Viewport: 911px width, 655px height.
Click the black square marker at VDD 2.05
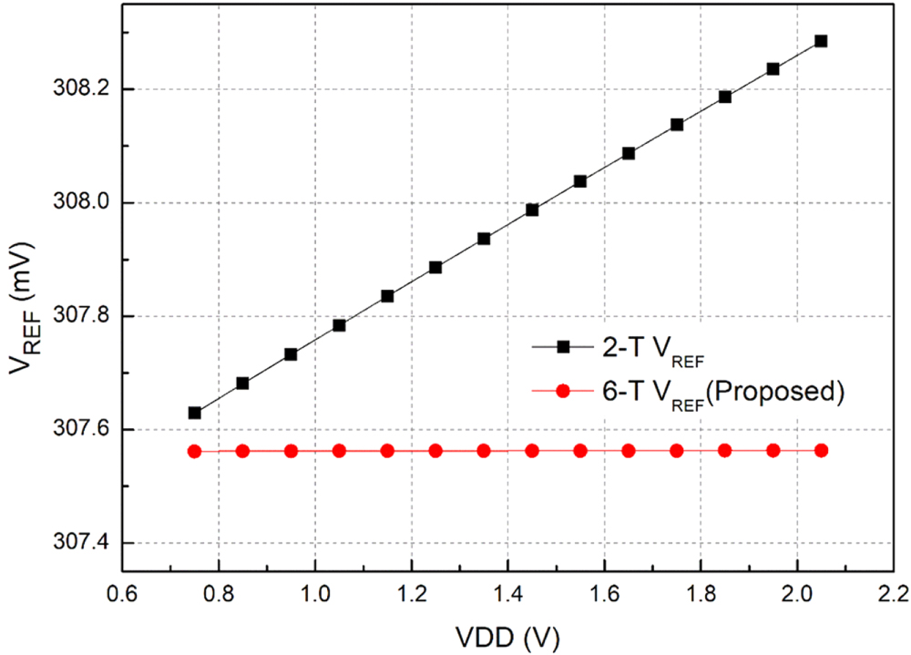821,41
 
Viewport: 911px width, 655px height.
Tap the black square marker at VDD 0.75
194,413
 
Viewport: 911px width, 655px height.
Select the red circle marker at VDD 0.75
194,451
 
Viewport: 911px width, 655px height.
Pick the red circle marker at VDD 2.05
821,450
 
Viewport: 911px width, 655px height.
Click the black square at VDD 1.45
532,210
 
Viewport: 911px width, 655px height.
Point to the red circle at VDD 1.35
484,451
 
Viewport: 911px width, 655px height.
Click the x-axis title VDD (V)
507,634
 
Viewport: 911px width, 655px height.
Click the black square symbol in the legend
562,346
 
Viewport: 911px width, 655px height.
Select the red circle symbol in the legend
562,391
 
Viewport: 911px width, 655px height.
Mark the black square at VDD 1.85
725,97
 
